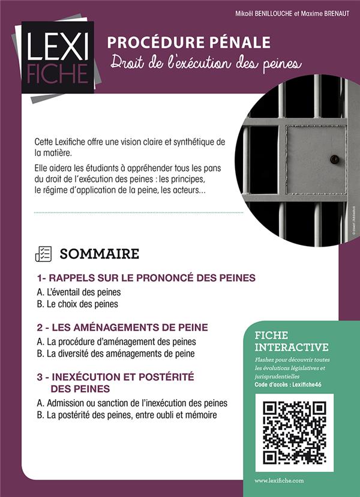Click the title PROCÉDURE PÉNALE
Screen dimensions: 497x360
pyautogui.click(x=188, y=43)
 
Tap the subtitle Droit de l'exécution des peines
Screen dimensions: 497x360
pyautogui.click(x=205, y=63)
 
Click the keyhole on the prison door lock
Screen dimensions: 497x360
pyautogui.click(x=335, y=160)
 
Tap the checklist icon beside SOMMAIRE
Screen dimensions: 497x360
pyautogui.click(x=43, y=253)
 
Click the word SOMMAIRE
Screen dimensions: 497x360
pyautogui.click(x=99, y=253)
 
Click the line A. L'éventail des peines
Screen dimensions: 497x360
pyautogui.click(x=79, y=292)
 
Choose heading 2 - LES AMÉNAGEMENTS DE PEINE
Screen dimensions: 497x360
pyautogui.click(x=122, y=328)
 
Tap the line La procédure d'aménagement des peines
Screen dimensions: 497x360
pyautogui.click(x=121, y=342)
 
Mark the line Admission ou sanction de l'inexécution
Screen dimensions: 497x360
pyautogui.click(x=137, y=403)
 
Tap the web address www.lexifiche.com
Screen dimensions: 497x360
pyautogui.click(x=279, y=481)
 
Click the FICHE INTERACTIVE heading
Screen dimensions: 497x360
pyautogui.click(x=292, y=341)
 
